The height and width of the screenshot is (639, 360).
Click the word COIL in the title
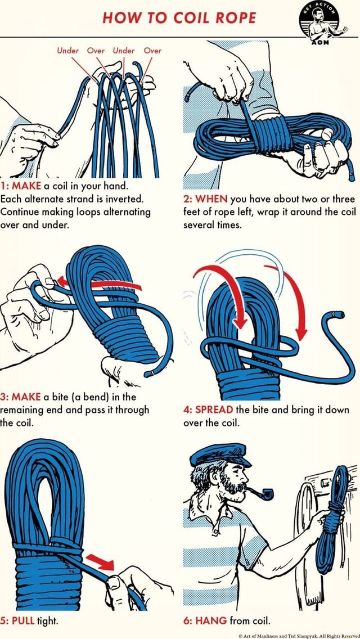[x=192, y=17]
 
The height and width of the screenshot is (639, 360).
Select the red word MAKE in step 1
[x=25, y=186]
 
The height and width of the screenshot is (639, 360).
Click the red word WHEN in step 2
[x=212, y=199]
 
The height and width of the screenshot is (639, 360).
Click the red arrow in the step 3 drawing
[x=84, y=280]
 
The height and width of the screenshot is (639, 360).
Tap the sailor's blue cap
[x=219, y=454]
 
